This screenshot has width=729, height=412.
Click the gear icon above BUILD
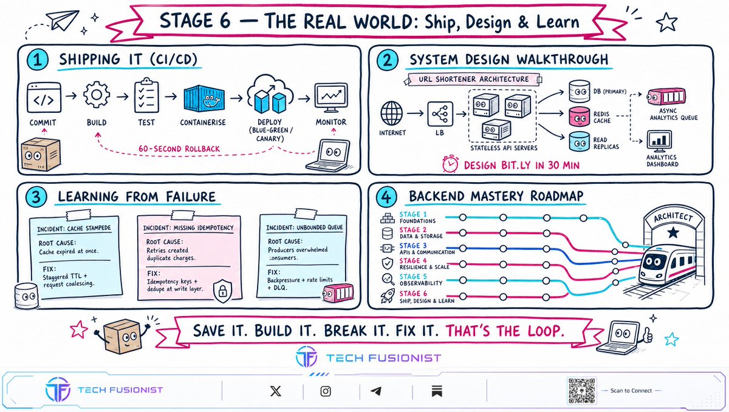tap(97, 95)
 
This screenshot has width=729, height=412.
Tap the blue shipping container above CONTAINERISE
tap(204, 98)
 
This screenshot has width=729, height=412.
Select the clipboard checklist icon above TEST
tap(146, 95)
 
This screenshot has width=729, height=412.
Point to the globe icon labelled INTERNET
tap(391, 113)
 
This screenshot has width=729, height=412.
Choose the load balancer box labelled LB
tap(440, 114)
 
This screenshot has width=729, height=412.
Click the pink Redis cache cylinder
tap(580, 117)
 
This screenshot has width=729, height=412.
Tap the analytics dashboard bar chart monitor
tap(659, 141)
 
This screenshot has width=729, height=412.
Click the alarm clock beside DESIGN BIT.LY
tap(450, 164)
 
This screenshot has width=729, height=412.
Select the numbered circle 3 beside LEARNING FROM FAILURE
tap(36, 197)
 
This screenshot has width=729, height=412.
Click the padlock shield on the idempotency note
tap(222, 291)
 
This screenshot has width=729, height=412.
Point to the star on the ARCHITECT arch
tap(673, 232)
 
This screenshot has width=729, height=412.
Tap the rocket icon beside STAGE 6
tap(388, 296)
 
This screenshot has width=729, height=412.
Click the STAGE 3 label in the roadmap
tap(413, 246)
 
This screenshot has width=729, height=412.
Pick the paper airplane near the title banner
tap(63, 20)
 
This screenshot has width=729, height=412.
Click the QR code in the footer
tap(581, 391)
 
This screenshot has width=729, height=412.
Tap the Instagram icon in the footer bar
tap(326, 391)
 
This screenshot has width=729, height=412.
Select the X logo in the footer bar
tap(276, 391)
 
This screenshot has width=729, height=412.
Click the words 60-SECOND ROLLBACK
tap(179, 149)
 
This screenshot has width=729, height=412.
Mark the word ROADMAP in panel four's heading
tap(557, 196)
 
